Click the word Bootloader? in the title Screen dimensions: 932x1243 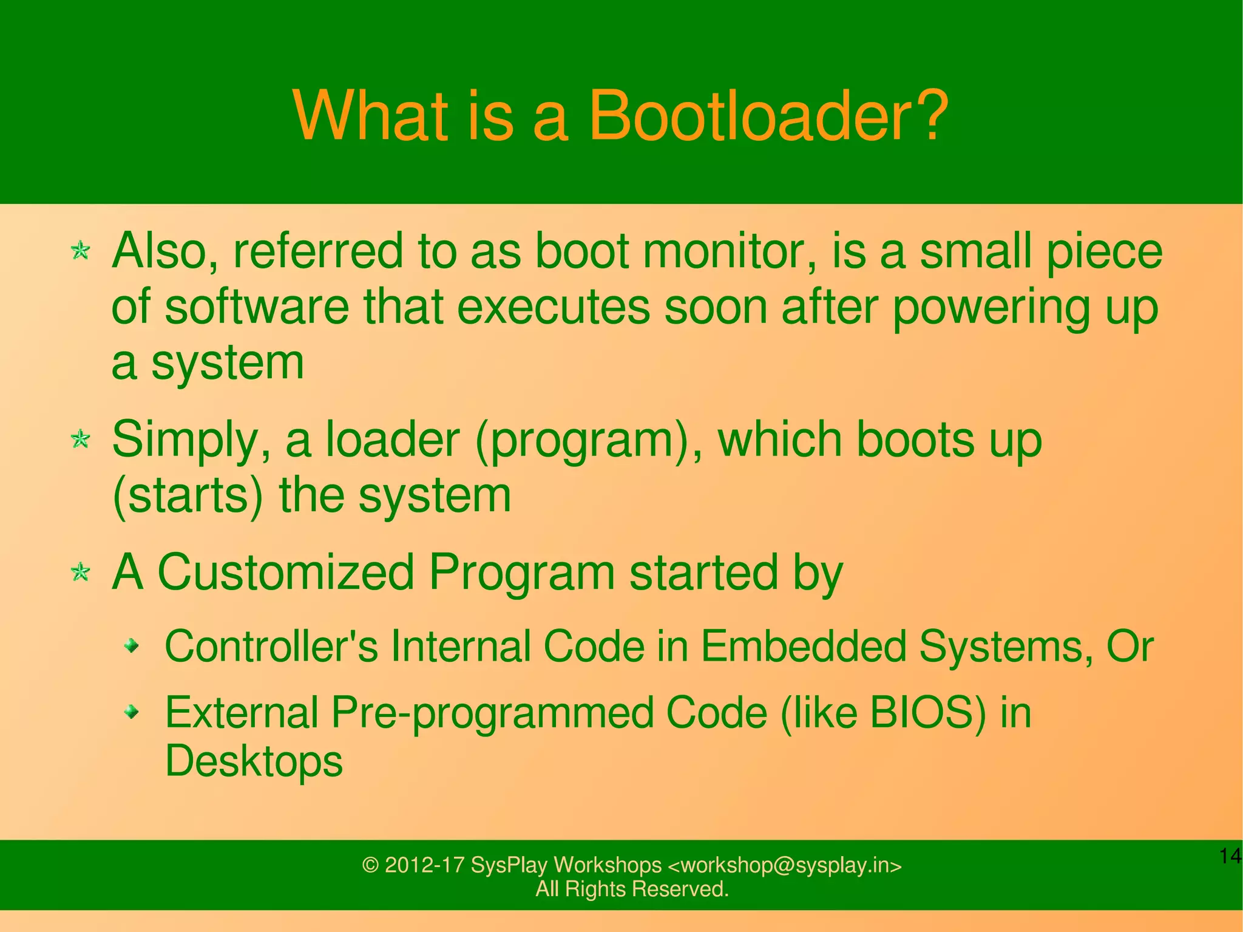[x=768, y=115]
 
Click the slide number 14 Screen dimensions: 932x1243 [x=1230, y=856]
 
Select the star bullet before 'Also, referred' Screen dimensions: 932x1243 [x=80, y=250]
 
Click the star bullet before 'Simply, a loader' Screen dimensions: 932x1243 [x=80, y=438]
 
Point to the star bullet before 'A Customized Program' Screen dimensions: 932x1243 [x=80, y=571]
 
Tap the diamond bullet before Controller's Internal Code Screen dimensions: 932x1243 [x=132, y=645]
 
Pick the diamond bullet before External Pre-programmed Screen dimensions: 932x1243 [x=132, y=712]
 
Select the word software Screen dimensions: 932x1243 [x=257, y=307]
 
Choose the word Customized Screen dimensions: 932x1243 [x=285, y=573]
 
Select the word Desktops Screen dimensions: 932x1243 [x=254, y=761]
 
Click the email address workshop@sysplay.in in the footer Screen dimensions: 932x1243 [x=784, y=865]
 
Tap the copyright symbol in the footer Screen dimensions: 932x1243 [x=370, y=865]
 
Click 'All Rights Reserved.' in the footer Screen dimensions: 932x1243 [x=632, y=889]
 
